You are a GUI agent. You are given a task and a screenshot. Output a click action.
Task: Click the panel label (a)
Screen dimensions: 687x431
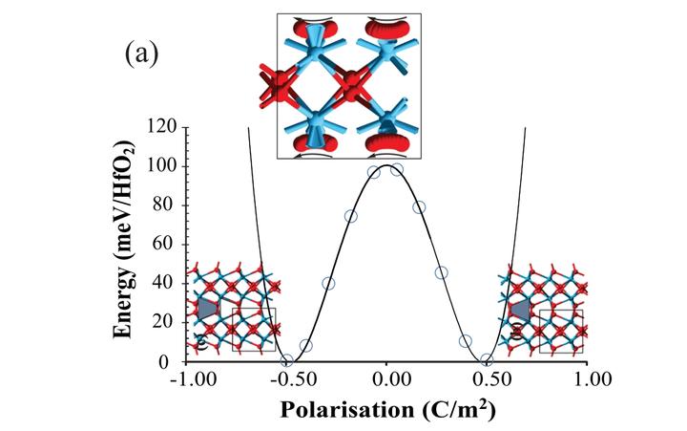click(141, 54)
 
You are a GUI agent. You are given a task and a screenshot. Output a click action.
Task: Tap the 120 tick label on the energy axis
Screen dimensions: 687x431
click(162, 127)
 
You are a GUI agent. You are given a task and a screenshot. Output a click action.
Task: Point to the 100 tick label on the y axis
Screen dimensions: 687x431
click(162, 166)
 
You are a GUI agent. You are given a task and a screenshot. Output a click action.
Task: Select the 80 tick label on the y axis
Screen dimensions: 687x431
click(167, 205)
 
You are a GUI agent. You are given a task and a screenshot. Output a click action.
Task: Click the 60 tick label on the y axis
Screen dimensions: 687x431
click(167, 245)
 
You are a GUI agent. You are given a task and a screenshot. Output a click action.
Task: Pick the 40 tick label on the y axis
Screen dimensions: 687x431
click(167, 284)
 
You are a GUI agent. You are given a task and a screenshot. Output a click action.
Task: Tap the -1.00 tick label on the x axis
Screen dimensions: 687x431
click(193, 378)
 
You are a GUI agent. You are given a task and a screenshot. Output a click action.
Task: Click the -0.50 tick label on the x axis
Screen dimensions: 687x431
click(293, 378)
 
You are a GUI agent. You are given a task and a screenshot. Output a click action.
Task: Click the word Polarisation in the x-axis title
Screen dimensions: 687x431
click(347, 409)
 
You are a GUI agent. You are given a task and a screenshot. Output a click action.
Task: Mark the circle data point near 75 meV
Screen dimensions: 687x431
click(351, 216)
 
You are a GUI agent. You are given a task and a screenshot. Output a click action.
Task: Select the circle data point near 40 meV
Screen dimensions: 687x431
click(328, 284)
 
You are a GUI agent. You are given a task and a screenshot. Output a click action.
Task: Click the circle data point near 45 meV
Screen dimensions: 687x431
click(442, 272)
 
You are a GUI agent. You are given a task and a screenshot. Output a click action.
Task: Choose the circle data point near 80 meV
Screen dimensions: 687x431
click(419, 207)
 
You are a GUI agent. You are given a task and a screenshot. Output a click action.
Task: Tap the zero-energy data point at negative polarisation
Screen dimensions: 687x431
click(287, 361)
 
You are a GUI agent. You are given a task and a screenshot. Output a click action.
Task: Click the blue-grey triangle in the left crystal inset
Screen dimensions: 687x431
click(208, 309)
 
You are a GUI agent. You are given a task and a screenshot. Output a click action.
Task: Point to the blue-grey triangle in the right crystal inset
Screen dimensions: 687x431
click(521, 310)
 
